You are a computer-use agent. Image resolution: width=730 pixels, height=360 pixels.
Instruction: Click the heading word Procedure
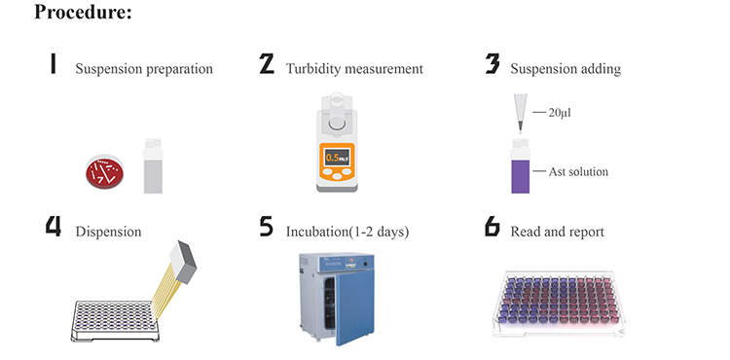pyautogui.click(x=84, y=13)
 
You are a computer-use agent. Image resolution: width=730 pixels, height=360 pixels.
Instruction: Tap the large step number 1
pyautogui.click(x=54, y=64)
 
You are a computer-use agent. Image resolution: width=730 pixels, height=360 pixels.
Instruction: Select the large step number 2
pyautogui.click(x=267, y=64)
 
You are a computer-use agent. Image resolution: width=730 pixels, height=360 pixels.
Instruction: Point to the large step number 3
pyautogui.click(x=493, y=64)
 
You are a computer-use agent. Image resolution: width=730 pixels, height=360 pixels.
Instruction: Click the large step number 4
pyautogui.click(x=54, y=227)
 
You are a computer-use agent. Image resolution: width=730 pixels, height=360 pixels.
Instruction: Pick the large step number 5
pyautogui.click(x=267, y=227)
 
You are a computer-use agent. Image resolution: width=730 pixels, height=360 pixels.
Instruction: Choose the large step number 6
pyautogui.click(x=493, y=227)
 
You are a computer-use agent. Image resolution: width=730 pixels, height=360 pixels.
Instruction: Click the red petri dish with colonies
pyautogui.click(x=105, y=172)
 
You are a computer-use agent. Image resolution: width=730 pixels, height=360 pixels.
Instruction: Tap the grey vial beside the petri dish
pyautogui.click(x=153, y=165)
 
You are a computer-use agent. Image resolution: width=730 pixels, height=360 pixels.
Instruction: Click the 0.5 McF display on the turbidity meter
pyautogui.click(x=337, y=158)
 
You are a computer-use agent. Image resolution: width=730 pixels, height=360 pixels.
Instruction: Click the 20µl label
pyautogui.click(x=559, y=113)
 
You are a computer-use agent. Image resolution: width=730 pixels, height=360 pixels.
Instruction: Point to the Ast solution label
pyautogui.click(x=578, y=171)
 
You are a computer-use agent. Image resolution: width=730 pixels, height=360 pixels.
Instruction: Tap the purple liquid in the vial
pyautogui.click(x=521, y=177)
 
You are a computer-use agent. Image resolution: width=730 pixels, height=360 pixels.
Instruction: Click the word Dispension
pyautogui.click(x=108, y=232)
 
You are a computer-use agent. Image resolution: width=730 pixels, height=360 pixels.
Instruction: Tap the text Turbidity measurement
pyautogui.click(x=354, y=69)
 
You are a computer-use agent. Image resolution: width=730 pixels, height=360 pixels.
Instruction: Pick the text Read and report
pyautogui.click(x=558, y=232)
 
